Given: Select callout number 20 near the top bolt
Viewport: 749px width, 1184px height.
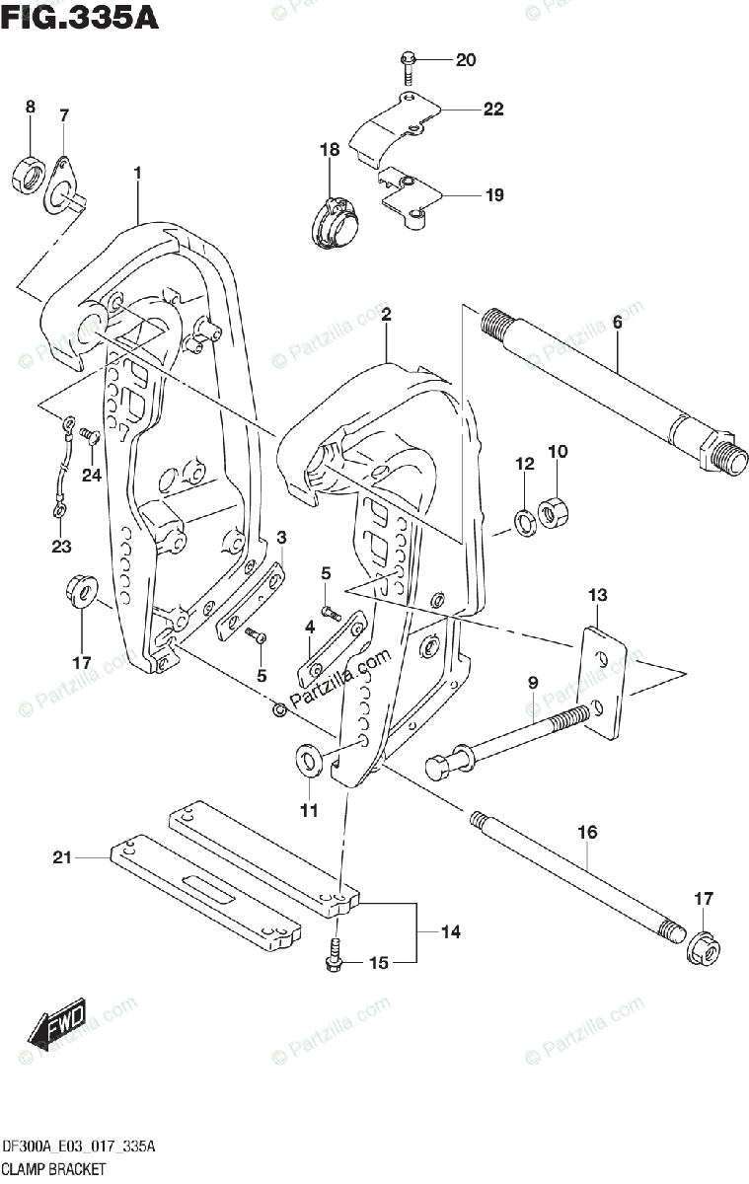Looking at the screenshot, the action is [x=466, y=60].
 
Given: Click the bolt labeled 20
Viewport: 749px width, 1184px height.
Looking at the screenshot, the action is [x=408, y=69].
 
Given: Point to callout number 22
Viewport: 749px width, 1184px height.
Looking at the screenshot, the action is [x=493, y=110].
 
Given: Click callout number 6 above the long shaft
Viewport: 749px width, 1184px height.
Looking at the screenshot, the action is [x=618, y=322].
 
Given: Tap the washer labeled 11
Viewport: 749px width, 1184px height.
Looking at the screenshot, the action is [x=307, y=760].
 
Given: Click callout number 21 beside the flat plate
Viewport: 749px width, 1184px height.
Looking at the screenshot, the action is [x=62, y=856].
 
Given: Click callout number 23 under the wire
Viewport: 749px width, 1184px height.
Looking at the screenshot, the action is [x=61, y=546].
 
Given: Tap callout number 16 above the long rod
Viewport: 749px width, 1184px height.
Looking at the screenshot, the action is [x=587, y=832].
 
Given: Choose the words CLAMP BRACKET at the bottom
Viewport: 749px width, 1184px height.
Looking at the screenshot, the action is [x=54, y=1168].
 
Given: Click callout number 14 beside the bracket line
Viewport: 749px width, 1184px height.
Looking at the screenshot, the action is [x=451, y=931].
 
